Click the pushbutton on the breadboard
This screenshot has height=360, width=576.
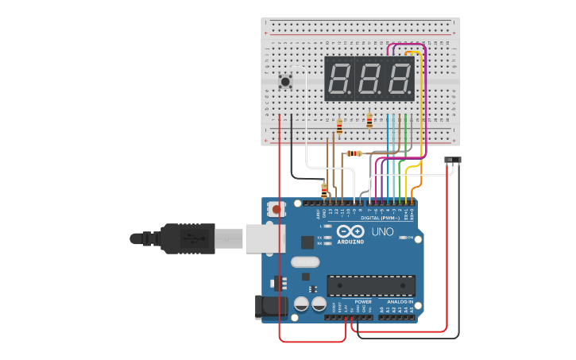click(285, 80)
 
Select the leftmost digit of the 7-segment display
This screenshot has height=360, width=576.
click(339, 79)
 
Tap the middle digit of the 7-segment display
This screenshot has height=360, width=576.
click(369, 79)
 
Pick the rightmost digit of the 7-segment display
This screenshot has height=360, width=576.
click(399, 79)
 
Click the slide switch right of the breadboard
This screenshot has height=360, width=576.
click(452, 161)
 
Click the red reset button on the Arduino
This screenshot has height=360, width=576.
click(276, 210)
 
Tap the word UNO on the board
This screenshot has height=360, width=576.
click(383, 231)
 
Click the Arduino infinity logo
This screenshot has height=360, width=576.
click(350, 230)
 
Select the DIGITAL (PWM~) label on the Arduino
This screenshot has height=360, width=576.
click(380, 217)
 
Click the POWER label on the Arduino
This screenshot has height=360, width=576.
click(363, 302)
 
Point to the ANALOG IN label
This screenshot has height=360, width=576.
click(400, 302)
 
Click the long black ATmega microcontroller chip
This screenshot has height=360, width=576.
click(371, 285)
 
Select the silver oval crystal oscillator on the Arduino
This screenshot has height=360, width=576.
click(305, 261)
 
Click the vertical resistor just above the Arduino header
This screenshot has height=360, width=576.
click(324, 189)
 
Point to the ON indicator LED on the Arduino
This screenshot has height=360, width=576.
click(403, 238)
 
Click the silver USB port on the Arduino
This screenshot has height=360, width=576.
click(263, 238)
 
